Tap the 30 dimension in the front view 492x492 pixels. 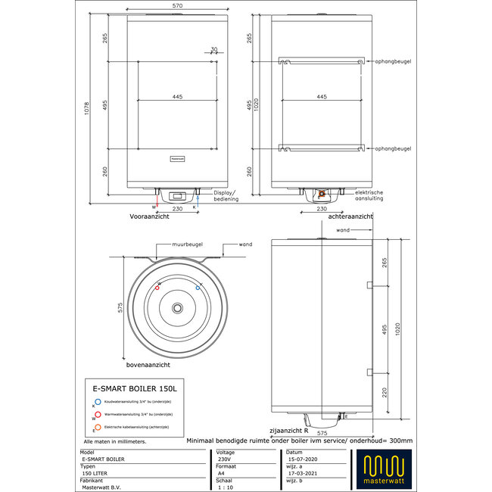[213, 50]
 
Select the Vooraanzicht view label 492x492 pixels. [150, 216]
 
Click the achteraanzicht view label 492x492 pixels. [351, 216]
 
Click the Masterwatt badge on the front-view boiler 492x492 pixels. [177, 159]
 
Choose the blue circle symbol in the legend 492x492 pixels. [98, 403]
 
